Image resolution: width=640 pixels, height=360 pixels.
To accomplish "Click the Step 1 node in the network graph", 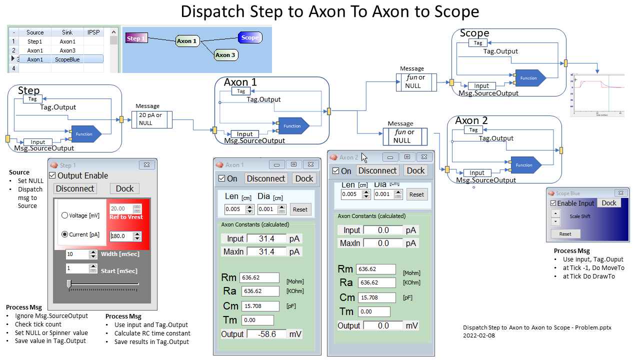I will point(135,38).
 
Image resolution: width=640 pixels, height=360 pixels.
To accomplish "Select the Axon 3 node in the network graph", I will point(225,55).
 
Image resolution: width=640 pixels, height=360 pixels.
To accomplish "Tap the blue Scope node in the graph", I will point(249,37).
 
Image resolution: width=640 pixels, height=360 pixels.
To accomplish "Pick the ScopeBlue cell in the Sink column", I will point(67,59).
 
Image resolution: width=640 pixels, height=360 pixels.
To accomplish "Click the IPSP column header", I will point(93,32).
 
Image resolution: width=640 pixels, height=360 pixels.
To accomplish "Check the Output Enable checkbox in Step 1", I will point(53,176).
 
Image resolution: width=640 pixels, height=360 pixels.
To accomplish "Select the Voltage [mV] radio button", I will point(65,215).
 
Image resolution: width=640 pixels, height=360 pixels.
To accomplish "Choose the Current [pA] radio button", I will point(65,234).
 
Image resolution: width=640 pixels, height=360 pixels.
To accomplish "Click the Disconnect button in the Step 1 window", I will point(75,188).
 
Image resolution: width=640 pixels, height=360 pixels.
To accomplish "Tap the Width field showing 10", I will point(77,254).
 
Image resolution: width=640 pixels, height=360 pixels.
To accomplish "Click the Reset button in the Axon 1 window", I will point(300,209).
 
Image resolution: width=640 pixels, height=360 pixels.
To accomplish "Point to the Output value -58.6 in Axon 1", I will point(267,334).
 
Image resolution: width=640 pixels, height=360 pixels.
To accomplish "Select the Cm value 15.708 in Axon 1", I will point(260,306).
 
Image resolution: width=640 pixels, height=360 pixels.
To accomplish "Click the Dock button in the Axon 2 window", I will point(415,170).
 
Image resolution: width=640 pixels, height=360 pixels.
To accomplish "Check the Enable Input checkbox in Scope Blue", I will point(553,203).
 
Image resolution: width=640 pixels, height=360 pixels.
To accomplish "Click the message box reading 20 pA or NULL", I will point(151,119).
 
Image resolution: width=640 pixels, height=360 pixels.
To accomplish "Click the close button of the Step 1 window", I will point(147,165).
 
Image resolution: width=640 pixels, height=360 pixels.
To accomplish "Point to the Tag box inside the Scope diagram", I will point(478,43).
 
